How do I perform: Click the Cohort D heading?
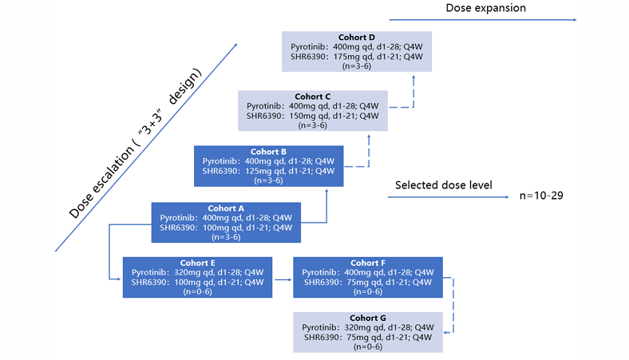click(357, 37)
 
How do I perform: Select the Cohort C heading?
click(312, 96)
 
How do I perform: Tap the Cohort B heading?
click(268, 152)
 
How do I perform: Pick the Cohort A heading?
click(226, 208)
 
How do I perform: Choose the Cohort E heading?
click(198, 263)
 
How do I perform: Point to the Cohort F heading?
click(368, 263)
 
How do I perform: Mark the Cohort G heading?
click(368, 318)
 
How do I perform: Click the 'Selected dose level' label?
click(444, 185)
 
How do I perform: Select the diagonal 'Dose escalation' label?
click(136, 144)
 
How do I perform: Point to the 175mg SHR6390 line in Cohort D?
click(356, 57)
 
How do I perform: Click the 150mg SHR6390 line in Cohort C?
click(312, 116)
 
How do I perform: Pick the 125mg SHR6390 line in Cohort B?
click(268, 171)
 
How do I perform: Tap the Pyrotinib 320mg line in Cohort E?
click(198, 272)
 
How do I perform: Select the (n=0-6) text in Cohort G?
click(368, 346)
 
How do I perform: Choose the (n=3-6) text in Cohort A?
click(226, 237)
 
